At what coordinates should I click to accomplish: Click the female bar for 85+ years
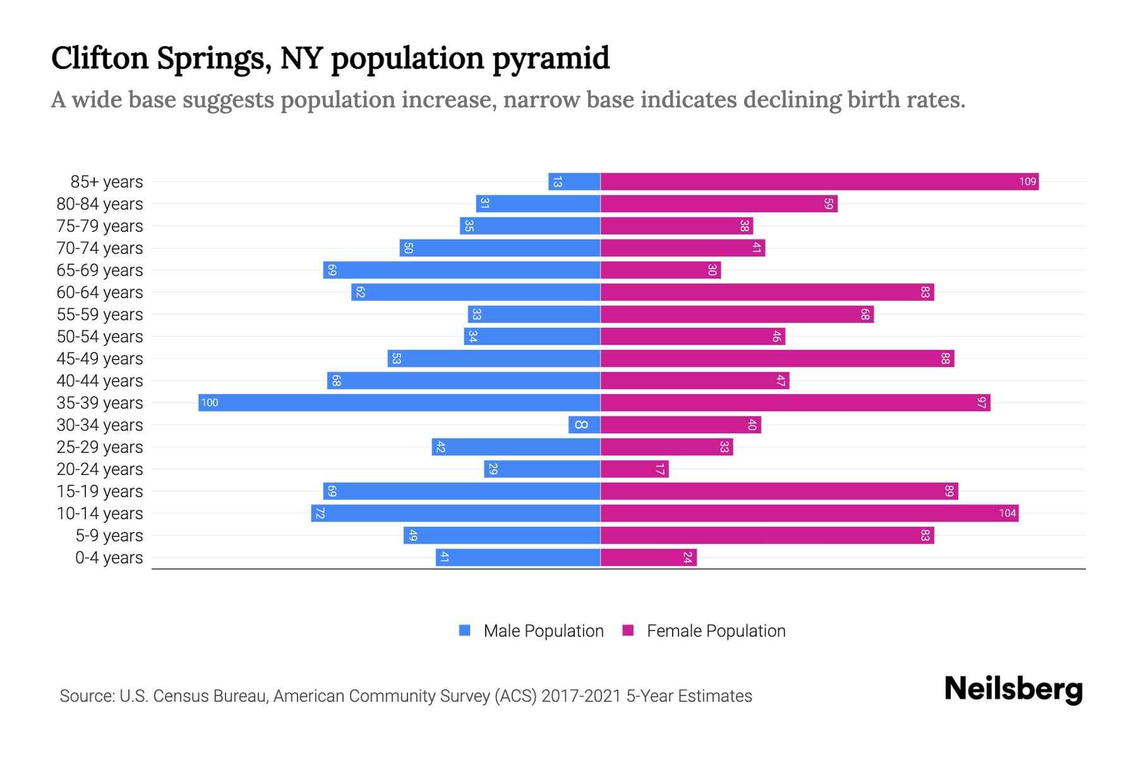tap(819, 182)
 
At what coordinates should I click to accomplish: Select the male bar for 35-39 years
tap(399, 403)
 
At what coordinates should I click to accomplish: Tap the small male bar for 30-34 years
tap(584, 425)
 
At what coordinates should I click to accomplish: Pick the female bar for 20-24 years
tap(634, 469)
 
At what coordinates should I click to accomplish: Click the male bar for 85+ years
tap(574, 182)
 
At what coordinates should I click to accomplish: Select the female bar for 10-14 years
tap(809, 514)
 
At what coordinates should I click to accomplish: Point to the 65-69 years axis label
tap(100, 270)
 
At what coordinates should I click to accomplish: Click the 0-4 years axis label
tap(109, 558)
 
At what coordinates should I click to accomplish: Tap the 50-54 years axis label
tap(100, 337)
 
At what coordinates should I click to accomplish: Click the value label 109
tap(1027, 182)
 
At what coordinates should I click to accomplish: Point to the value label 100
tap(210, 403)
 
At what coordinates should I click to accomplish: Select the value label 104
tap(1007, 514)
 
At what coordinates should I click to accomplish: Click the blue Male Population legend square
tap(465, 630)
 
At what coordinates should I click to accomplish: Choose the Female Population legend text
tap(716, 631)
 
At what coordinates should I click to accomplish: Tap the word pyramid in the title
tap(551, 59)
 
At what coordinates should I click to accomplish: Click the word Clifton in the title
tap(100, 58)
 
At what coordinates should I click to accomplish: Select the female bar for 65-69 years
tap(660, 270)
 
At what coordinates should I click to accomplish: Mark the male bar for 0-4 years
tap(518, 558)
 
